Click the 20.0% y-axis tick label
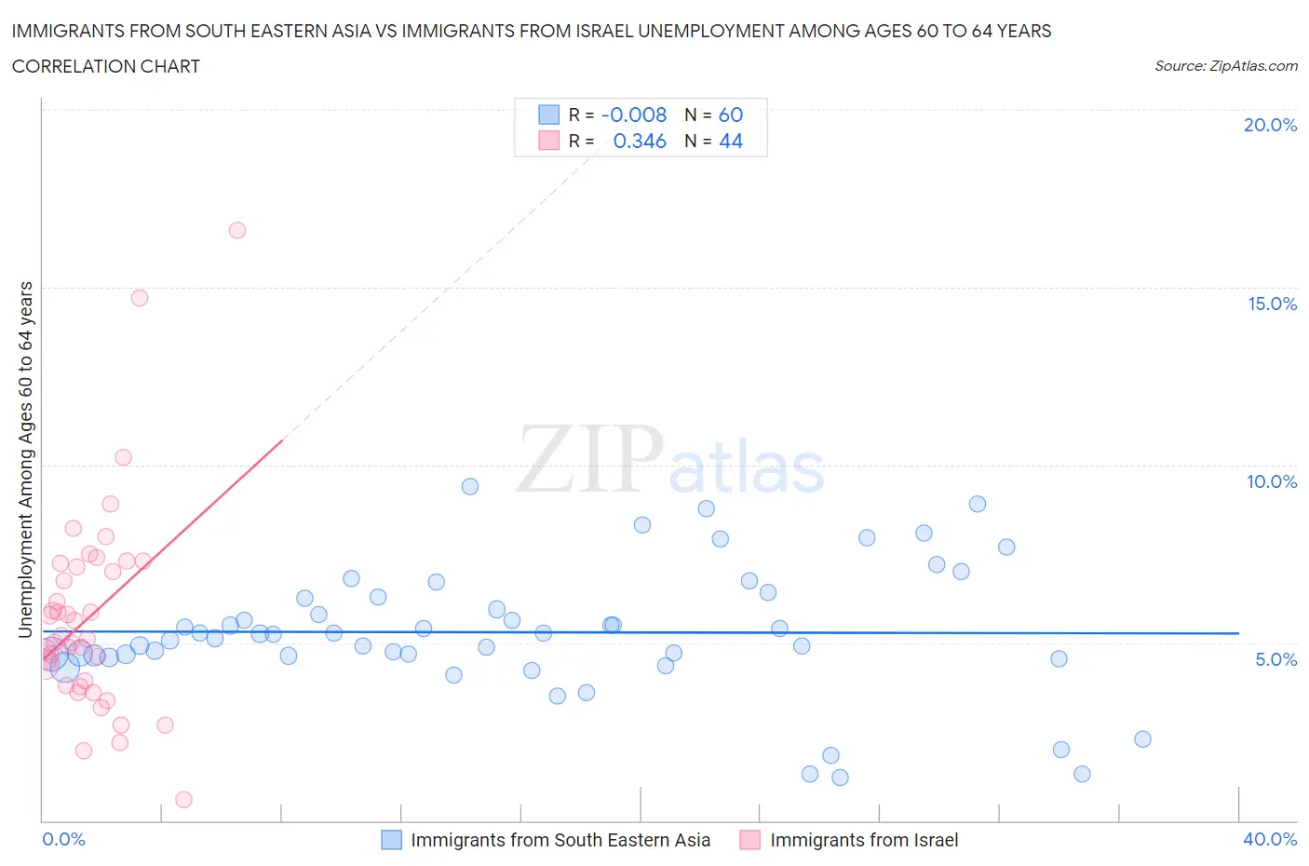1270,125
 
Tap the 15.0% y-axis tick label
1272,304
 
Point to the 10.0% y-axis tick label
1272,481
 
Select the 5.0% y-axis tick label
1275,659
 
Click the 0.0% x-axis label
63,839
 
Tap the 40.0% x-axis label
1270,839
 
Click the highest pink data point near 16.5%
237,230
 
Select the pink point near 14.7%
140,298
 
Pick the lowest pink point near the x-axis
183,800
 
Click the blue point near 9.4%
470,486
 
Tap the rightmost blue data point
1143,739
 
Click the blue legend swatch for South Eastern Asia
392,840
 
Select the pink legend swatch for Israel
750,840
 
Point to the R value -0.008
634,115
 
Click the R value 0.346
640,141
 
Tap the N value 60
731,115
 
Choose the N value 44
731,141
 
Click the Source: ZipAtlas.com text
1225,65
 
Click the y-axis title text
25,460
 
